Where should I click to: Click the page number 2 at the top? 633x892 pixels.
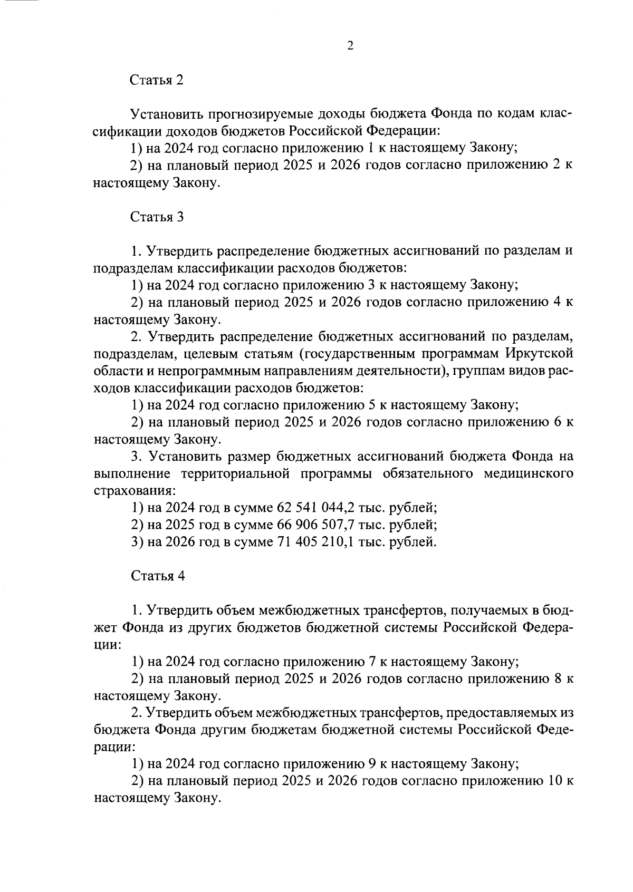pos(350,46)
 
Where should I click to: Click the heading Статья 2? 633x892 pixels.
pos(157,80)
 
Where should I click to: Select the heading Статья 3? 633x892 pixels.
pos(157,217)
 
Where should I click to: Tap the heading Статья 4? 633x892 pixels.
pos(157,576)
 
